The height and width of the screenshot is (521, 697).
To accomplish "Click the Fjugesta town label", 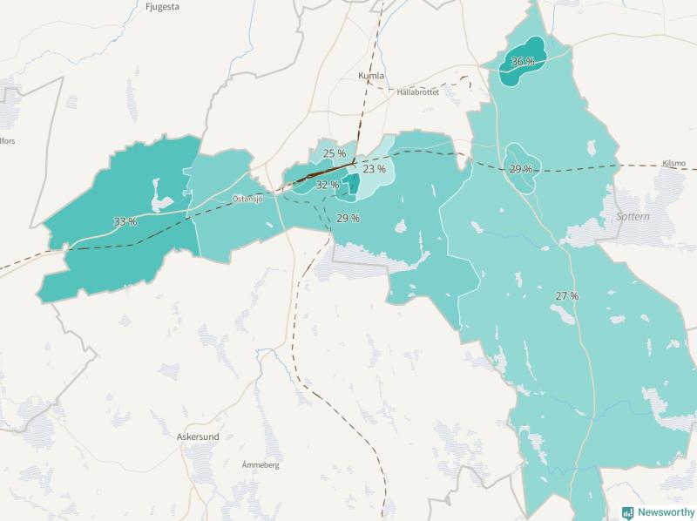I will click(x=163, y=6).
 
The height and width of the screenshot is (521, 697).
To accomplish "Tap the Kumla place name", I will click(x=371, y=76).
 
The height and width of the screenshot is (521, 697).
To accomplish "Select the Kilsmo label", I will click(x=674, y=163).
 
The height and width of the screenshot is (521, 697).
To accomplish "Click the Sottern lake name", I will click(x=633, y=215).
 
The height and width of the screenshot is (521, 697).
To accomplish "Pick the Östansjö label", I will click(x=248, y=199).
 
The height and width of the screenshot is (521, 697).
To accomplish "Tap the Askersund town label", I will click(x=197, y=436).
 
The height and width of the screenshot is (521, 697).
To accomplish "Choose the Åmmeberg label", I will click(x=261, y=466).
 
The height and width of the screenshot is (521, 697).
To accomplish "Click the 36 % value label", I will click(x=523, y=62).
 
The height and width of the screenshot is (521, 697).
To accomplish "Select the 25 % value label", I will click(x=335, y=153).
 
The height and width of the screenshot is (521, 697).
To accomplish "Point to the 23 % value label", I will click(x=374, y=169).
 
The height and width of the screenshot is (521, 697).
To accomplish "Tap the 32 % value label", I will click(x=328, y=185).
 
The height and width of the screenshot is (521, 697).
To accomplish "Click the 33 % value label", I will click(x=125, y=222).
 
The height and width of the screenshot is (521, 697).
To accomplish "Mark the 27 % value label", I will click(x=566, y=296).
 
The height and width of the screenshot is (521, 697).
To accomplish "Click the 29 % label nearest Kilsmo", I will click(x=521, y=169).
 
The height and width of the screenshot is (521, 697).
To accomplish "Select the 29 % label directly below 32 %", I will click(x=348, y=218).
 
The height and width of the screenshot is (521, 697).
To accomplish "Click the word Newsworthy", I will click(x=666, y=512).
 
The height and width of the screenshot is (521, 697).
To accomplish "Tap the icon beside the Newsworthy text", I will click(x=627, y=512).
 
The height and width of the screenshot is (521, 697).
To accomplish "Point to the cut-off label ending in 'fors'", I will click(x=8, y=140).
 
